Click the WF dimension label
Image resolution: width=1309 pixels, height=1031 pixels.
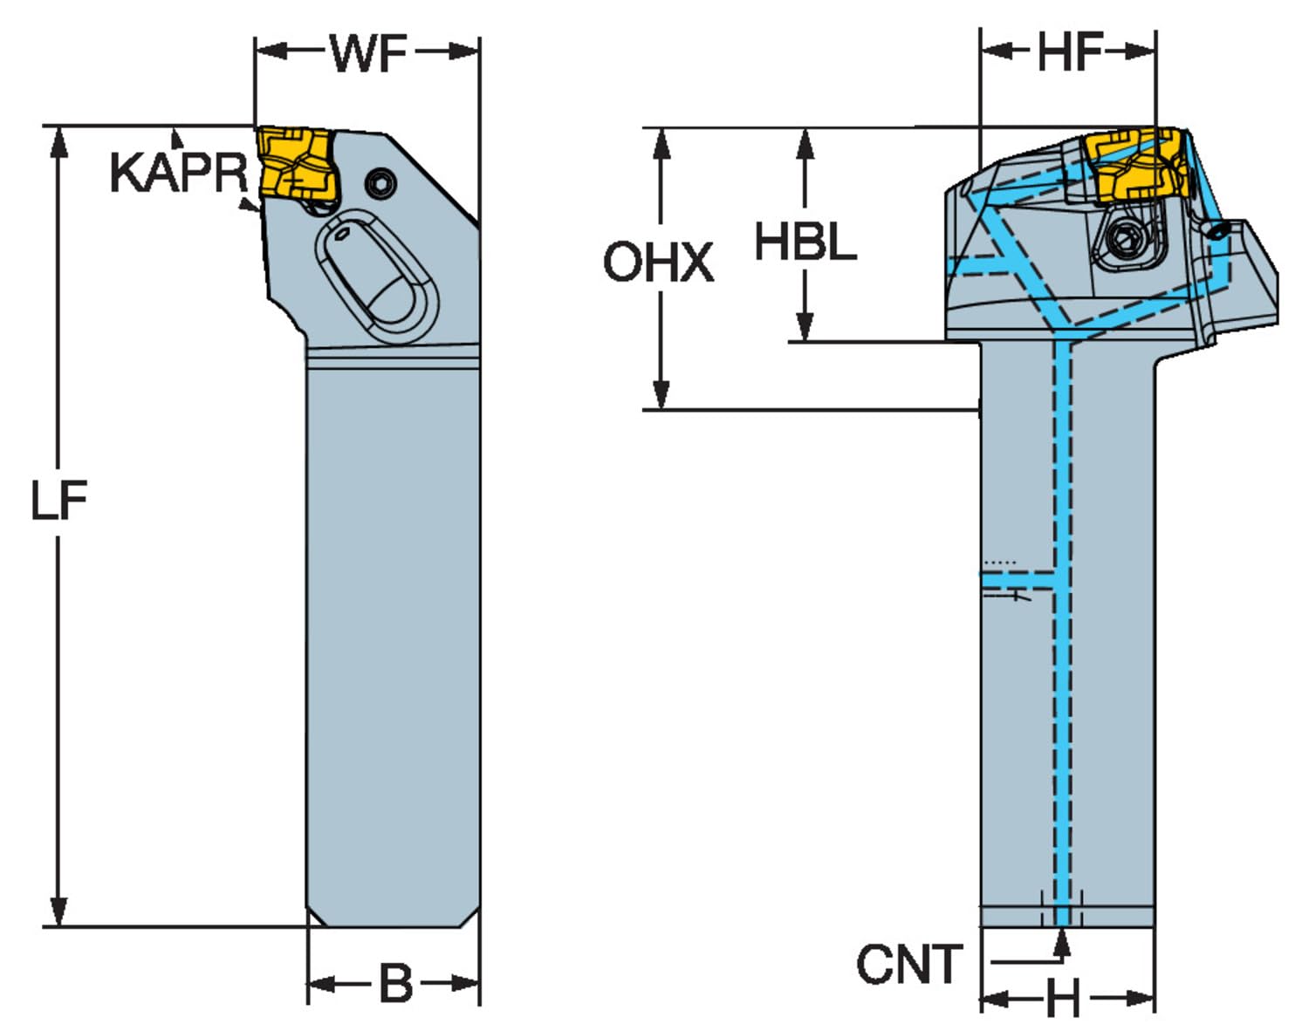coord(368,53)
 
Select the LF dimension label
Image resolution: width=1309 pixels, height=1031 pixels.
coord(59,500)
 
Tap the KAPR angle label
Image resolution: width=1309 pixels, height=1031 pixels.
coord(179,173)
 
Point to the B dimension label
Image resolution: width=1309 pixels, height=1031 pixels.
coord(396,983)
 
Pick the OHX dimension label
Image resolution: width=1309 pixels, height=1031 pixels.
coord(658,262)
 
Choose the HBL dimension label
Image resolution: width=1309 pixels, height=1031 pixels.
coord(805,242)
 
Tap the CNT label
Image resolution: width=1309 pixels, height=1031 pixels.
coord(909,964)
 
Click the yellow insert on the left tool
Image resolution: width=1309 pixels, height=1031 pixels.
coord(298,163)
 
